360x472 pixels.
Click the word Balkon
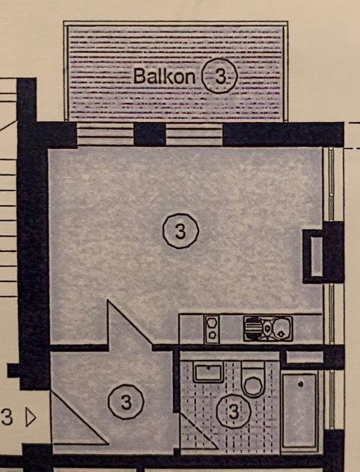click(x=164, y=76)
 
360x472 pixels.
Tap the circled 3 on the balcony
click(x=220, y=76)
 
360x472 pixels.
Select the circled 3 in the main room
click(x=181, y=231)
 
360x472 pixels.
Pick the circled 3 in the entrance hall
click(x=126, y=402)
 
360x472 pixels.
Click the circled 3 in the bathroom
click(x=234, y=411)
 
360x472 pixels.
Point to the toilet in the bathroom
click(x=254, y=379)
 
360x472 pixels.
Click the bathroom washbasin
click(x=208, y=372)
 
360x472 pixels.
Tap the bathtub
click(x=299, y=411)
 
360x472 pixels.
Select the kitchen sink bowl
click(x=282, y=328)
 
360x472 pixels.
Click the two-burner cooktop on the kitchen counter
click(x=212, y=328)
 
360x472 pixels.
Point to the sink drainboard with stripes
click(x=252, y=328)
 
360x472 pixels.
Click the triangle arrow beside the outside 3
click(x=31, y=417)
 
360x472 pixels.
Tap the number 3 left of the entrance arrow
click(x=7, y=417)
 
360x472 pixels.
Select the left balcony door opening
click(x=106, y=134)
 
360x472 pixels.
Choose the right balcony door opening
click(x=195, y=134)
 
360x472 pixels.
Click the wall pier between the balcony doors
click(x=150, y=134)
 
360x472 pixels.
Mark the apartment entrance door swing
click(x=80, y=418)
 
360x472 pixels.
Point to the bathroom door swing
click(x=199, y=431)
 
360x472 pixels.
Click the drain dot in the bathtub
click(x=301, y=384)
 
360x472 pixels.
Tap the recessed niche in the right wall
click(x=317, y=257)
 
